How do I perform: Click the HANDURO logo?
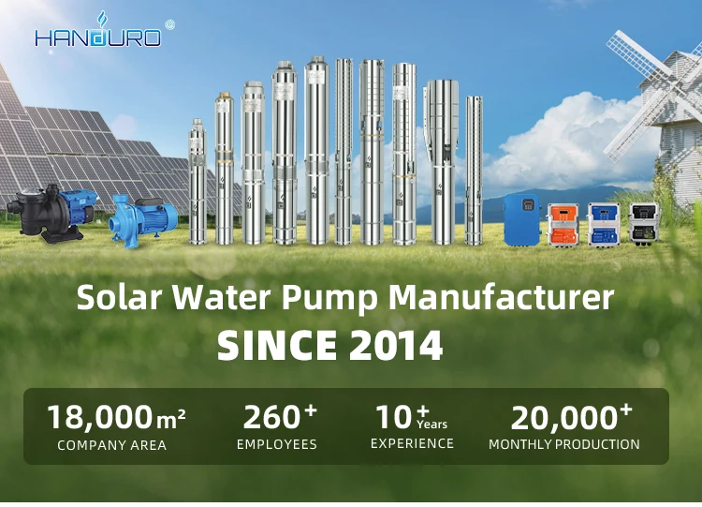point(97,31)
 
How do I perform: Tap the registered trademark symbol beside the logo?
point(169,25)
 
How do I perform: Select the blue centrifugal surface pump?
point(143,220)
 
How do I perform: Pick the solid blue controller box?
point(522,220)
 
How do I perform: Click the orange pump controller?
point(565,224)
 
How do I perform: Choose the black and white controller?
point(644,223)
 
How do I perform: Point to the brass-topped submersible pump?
point(225,168)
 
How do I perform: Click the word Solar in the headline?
point(119,297)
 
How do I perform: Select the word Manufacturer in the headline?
point(501,297)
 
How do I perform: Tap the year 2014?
point(396,345)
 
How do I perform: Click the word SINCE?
point(277,345)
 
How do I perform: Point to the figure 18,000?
point(100,417)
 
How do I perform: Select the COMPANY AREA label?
point(112,445)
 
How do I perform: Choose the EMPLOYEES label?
point(277,444)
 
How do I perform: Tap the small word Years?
point(432,424)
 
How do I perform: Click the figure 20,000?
point(564,418)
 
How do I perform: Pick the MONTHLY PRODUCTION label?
point(564,444)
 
